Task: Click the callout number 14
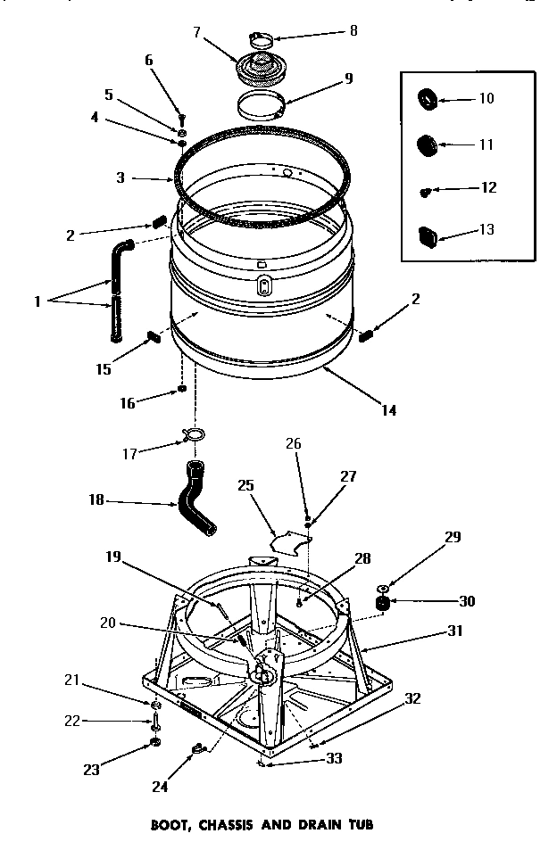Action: click(x=387, y=410)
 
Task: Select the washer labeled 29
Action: click(x=382, y=589)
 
